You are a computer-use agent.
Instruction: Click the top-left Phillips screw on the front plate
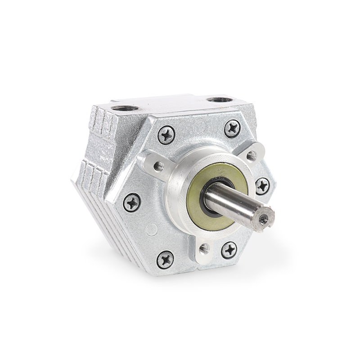(x=166, y=135)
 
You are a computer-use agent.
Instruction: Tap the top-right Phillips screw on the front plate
(x=232, y=129)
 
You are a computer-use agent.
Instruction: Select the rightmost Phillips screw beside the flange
(x=262, y=185)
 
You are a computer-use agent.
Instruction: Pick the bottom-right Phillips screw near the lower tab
(x=229, y=250)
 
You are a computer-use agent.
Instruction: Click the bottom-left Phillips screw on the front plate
(x=165, y=260)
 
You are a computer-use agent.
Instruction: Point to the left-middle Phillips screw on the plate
(x=132, y=202)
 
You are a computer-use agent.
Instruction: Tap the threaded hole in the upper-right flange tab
(x=251, y=156)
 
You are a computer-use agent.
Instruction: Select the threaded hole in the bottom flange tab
(x=204, y=247)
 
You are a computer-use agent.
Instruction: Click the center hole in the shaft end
(x=263, y=219)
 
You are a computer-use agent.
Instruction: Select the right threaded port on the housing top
(x=220, y=99)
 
